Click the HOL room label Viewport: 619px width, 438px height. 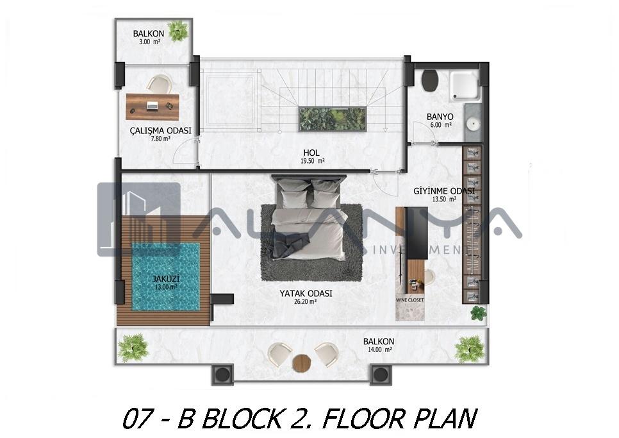click(311, 153)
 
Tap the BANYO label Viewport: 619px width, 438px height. click(440, 117)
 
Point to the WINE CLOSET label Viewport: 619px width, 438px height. click(409, 300)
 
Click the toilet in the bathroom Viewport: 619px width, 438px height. click(431, 80)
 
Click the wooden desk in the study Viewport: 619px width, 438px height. click(153, 106)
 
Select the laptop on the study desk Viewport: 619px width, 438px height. click(153, 106)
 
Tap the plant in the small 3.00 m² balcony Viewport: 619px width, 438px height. click(177, 31)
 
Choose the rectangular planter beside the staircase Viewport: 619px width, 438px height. click(332, 119)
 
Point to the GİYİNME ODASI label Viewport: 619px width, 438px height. click(444, 191)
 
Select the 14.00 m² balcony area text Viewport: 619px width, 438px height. click(378, 350)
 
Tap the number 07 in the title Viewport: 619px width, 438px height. click(137, 419)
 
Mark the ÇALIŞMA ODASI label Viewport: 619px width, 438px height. click(161, 131)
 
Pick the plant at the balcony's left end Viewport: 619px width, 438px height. click(133, 348)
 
